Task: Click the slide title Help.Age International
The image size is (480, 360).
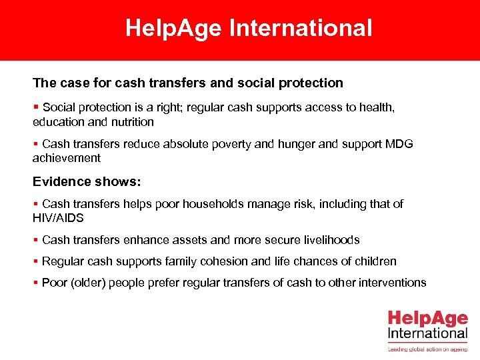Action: coord(249,29)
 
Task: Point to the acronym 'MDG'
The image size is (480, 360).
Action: coord(397,145)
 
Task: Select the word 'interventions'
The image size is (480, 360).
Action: coord(392,283)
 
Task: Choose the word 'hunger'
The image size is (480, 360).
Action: coord(272,145)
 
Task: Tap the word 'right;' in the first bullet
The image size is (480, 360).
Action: coord(175,108)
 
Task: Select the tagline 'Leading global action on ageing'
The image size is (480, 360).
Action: coord(427,348)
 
